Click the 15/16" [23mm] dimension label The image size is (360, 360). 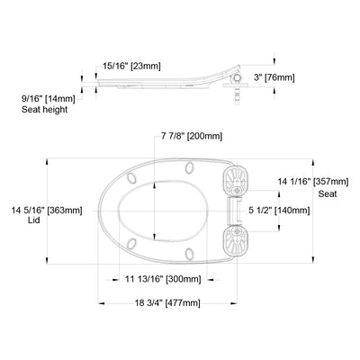tap(131, 66)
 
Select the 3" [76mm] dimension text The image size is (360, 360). tap(274, 77)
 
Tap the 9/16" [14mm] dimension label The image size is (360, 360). tap(49, 98)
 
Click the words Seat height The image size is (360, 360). tap(44, 110)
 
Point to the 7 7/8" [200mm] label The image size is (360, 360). tap(192, 136)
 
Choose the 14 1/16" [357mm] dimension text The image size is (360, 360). tap(313, 182)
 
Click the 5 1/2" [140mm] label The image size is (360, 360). tap(279, 211)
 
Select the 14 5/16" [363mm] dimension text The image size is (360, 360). tap(47, 210)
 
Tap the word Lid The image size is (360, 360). tap(35, 220)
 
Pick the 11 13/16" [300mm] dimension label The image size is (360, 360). tap(163, 279)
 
